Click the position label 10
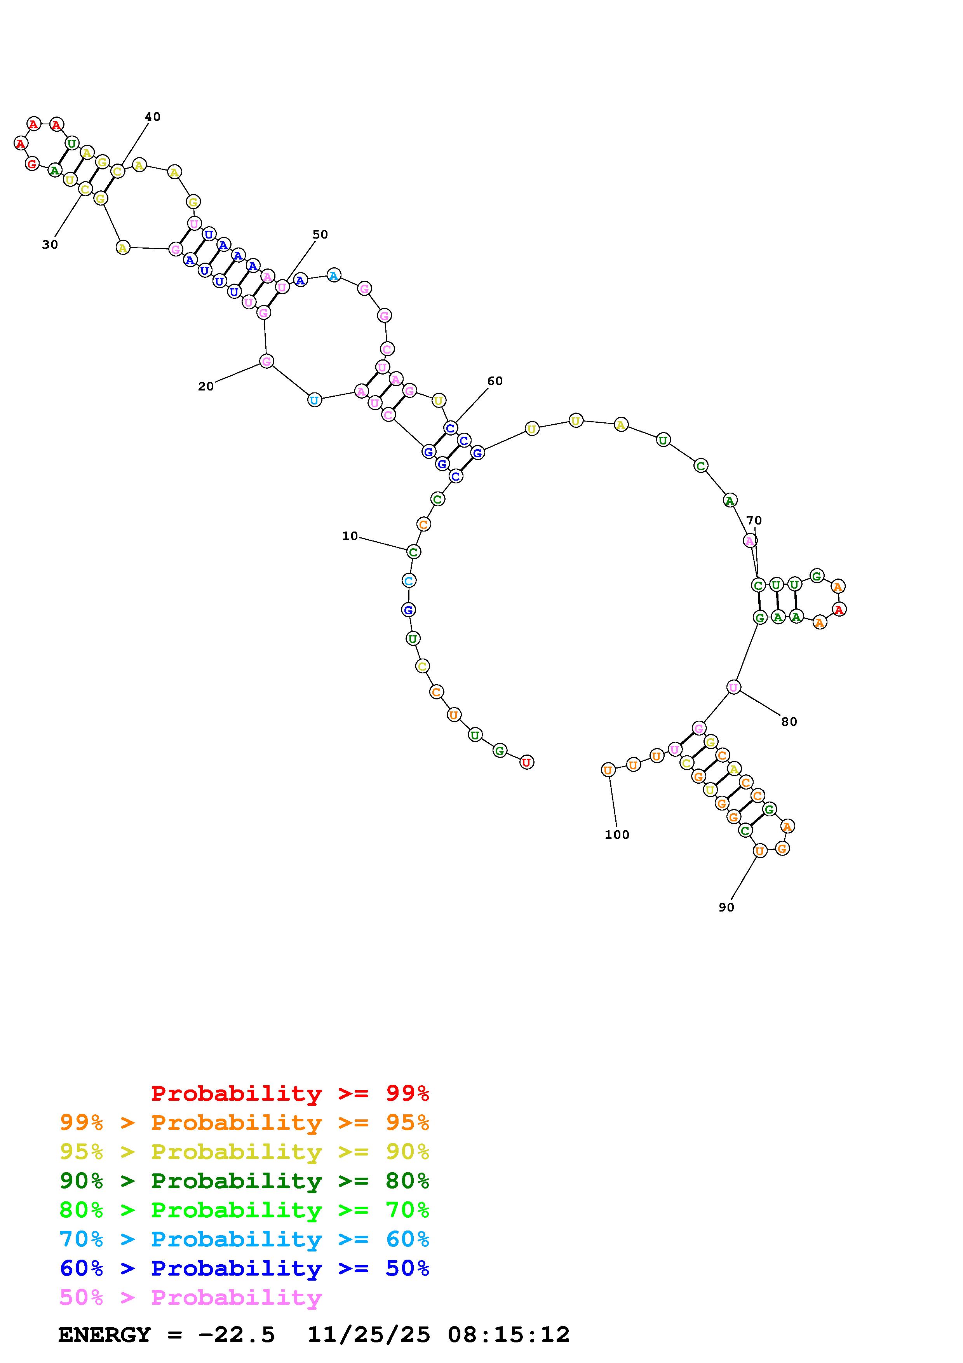click(x=350, y=536)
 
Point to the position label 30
click(x=50, y=244)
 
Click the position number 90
click(x=726, y=907)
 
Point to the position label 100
click(x=617, y=834)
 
